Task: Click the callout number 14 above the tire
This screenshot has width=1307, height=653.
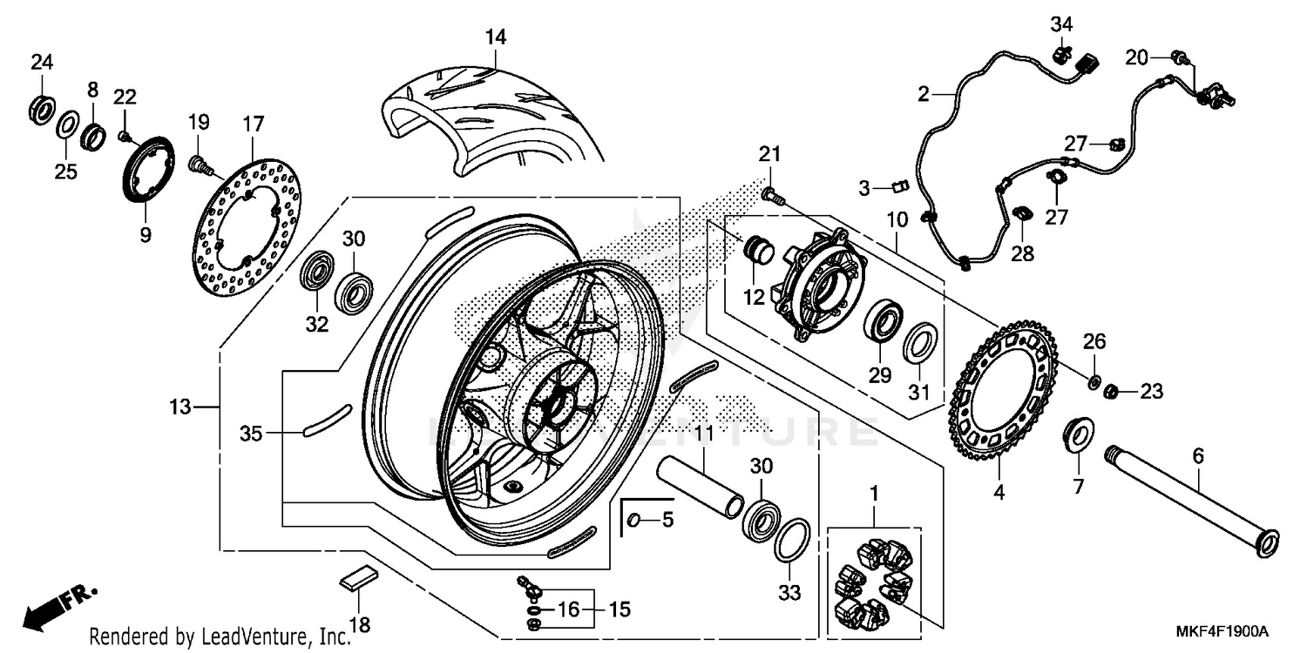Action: (x=495, y=37)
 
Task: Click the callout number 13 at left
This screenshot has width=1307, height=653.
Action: (x=179, y=406)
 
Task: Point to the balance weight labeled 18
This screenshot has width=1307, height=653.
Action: (x=357, y=577)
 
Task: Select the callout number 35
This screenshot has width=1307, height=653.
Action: (x=251, y=433)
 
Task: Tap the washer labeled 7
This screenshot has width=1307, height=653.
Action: (x=1079, y=434)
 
